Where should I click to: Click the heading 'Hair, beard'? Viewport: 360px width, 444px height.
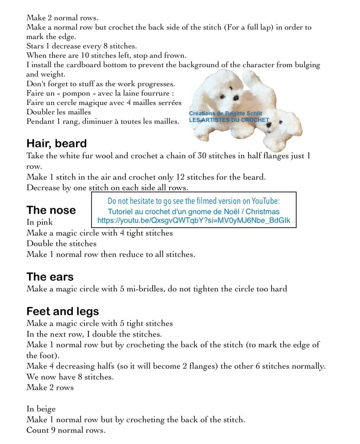coord(56,144)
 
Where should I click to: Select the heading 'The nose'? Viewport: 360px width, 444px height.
coord(51,210)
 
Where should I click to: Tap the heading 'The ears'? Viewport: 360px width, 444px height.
coord(50,277)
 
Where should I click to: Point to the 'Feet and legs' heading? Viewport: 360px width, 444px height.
coord(62,311)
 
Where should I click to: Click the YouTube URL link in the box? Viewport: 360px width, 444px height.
coord(193,220)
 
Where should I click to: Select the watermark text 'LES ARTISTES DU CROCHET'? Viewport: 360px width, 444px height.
coord(229,120)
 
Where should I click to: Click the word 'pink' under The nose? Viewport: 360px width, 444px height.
coord(45,222)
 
